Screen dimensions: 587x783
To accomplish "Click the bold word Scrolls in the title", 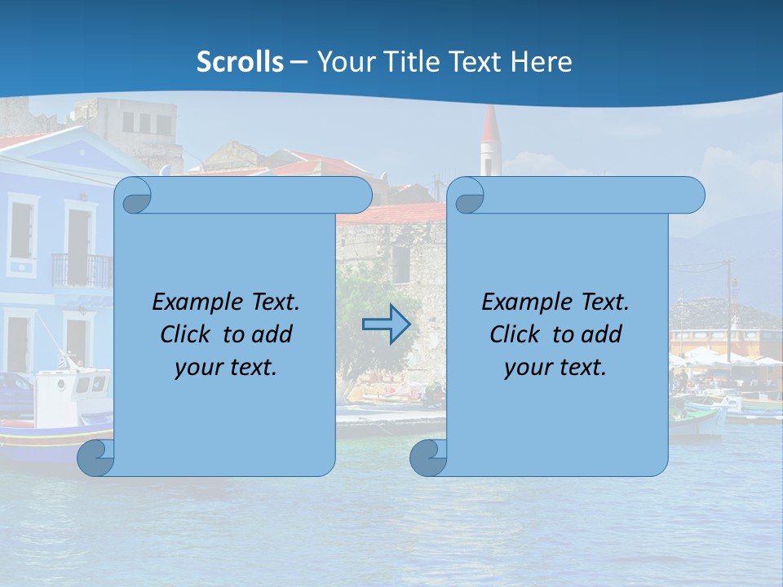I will pyautogui.click(x=241, y=62).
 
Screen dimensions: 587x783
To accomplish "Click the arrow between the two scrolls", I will pyautogui.click(x=386, y=324).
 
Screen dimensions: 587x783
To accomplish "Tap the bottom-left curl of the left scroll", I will pyautogui.click(x=94, y=458).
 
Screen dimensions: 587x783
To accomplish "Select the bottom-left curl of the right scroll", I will pyautogui.click(x=427, y=458).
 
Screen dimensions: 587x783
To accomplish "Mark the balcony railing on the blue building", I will pyautogui.click(x=82, y=270).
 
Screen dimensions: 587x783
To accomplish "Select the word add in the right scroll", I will pyautogui.click(x=600, y=334).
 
